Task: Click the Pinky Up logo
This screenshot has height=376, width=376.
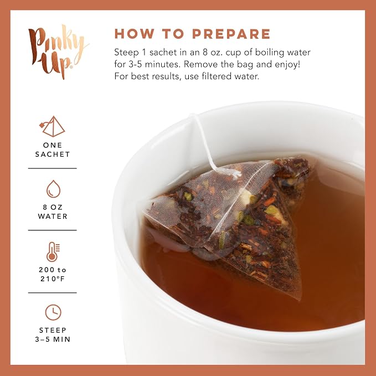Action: [x=58, y=51]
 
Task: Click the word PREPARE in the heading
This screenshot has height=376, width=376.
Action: [x=231, y=34]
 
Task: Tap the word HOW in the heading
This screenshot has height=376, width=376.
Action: [x=134, y=34]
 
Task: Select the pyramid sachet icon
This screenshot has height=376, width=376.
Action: [x=52, y=126]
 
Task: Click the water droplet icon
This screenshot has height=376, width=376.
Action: [x=53, y=189]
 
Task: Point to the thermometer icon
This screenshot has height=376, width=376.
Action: [x=53, y=252]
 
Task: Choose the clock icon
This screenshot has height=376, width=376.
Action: [x=53, y=312]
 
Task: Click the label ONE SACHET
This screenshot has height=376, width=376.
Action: [x=53, y=150]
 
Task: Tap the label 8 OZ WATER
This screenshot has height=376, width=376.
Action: [x=53, y=212]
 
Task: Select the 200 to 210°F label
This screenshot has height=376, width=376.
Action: [x=53, y=274]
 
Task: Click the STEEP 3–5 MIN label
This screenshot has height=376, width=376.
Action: [x=53, y=335]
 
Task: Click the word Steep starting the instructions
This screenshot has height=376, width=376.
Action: [x=126, y=53]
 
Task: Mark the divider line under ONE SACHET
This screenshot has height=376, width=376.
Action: [x=52, y=168]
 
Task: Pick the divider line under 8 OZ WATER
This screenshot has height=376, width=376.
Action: [x=52, y=230]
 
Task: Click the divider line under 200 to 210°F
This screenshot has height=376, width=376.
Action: [x=52, y=293]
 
